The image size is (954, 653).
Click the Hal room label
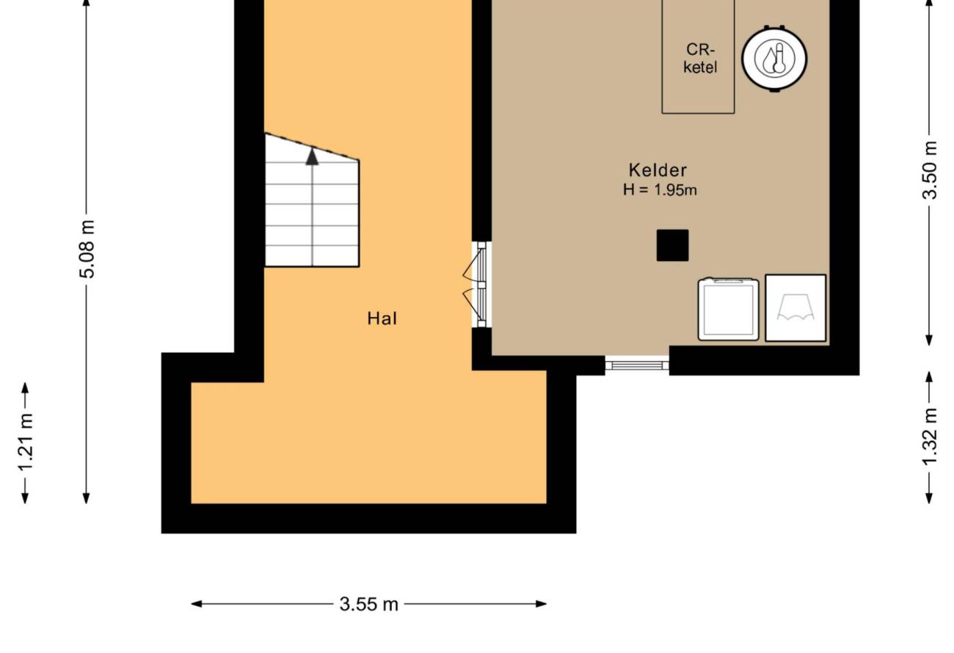click(382, 318)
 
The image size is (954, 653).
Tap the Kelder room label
click(658, 170)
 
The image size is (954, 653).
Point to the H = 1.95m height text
click(660, 190)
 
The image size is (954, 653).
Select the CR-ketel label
click(700, 58)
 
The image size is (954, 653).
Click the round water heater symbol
click(774, 58)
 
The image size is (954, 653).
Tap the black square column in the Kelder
click(672, 245)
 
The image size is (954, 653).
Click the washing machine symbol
click(728, 309)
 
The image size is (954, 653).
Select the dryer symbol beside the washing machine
click(795, 307)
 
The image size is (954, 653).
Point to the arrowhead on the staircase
click(312, 156)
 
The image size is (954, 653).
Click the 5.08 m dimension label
click(87, 249)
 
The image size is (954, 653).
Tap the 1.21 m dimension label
click(25, 442)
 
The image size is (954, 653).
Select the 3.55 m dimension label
click(369, 604)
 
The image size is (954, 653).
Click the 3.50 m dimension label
click(930, 169)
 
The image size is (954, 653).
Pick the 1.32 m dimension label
click(930, 437)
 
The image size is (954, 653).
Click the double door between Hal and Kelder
click(478, 285)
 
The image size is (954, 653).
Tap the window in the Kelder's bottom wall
click(637, 365)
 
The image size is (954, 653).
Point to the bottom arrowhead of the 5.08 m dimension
click(86, 498)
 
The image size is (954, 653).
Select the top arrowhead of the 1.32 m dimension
click(929, 376)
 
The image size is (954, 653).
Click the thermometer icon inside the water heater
click(779, 57)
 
